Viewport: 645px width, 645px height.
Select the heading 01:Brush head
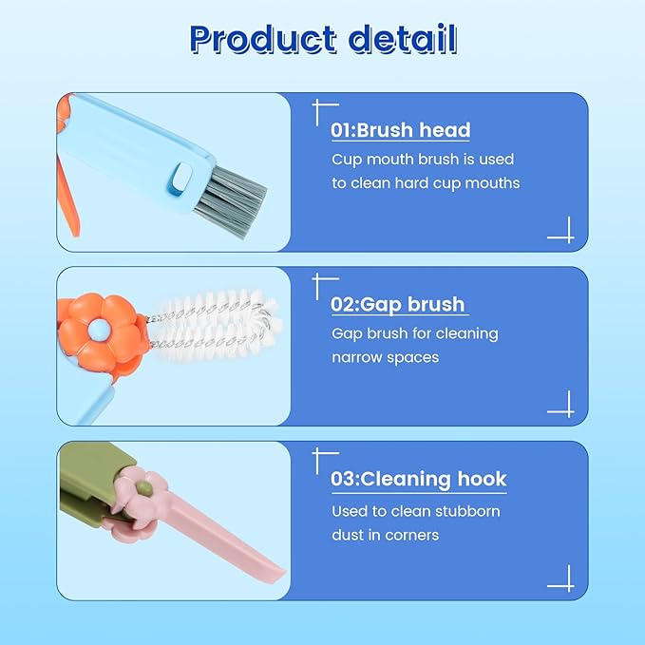[x=400, y=130]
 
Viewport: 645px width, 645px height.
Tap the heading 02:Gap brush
[x=398, y=304]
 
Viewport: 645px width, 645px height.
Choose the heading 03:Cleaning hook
[x=418, y=479]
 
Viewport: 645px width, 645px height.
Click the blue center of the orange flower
[x=98, y=331]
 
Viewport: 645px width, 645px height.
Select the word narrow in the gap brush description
[x=359, y=357]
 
